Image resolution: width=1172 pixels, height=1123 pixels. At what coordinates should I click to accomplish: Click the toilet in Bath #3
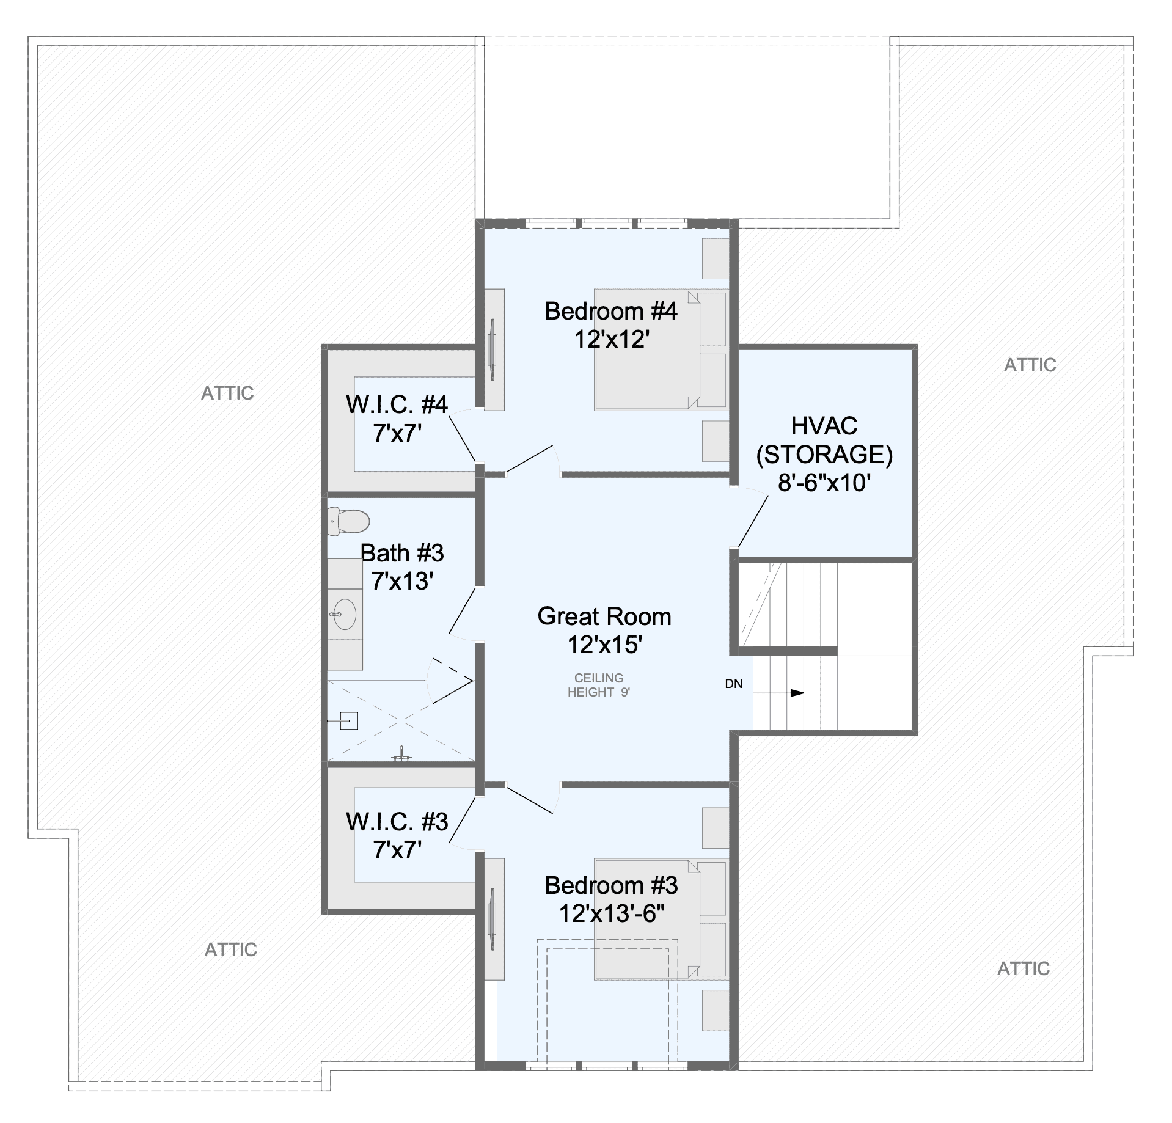click(348, 521)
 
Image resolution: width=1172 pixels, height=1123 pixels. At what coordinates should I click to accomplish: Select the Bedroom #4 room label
click(611, 311)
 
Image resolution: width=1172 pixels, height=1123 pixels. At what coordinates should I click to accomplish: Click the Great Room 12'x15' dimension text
click(605, 645)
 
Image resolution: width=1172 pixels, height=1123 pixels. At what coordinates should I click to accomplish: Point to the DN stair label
click(734, 684)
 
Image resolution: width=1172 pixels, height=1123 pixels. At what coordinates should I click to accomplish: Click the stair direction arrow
click(779, 693)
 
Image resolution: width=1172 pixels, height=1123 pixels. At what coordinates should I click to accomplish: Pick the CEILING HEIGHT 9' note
click(599, 685)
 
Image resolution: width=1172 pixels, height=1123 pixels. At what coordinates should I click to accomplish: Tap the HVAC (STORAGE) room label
click(824, 440)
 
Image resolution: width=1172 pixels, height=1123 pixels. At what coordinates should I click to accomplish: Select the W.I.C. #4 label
click(397, 404)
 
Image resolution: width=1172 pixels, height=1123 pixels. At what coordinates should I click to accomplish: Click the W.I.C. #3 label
click(397, 822)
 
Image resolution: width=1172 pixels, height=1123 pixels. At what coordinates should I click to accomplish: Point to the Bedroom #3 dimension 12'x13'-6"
click(612, 913)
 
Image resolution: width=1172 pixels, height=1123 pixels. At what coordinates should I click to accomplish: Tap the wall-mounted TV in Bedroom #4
click(493, 349)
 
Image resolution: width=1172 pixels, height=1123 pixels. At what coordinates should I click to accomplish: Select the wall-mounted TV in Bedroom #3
click(493, 919)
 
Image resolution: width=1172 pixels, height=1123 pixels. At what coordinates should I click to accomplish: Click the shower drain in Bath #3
click(348, 721)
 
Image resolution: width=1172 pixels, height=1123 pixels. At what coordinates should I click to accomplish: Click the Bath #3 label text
click(402, 553)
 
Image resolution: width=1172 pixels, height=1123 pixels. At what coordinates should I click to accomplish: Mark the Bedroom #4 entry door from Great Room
click(533, 461)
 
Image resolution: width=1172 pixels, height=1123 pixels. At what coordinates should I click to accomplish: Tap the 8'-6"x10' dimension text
click(824, 483)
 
